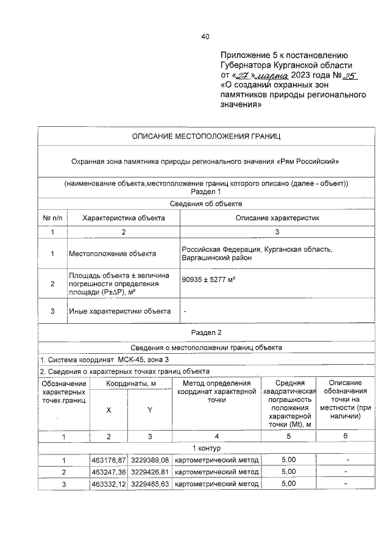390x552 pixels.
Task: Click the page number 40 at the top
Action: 205,37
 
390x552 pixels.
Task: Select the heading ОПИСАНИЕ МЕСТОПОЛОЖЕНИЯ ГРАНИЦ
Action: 207,136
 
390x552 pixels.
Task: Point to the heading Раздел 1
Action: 207,192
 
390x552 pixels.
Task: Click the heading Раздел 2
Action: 207,332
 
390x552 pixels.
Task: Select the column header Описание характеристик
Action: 277,218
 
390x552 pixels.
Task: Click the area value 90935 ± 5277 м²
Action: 209,279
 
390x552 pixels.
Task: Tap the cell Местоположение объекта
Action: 112,254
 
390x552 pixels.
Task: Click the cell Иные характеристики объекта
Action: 119,311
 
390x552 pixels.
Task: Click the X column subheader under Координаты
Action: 108,410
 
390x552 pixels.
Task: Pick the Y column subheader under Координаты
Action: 149,410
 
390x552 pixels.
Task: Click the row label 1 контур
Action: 207,448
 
